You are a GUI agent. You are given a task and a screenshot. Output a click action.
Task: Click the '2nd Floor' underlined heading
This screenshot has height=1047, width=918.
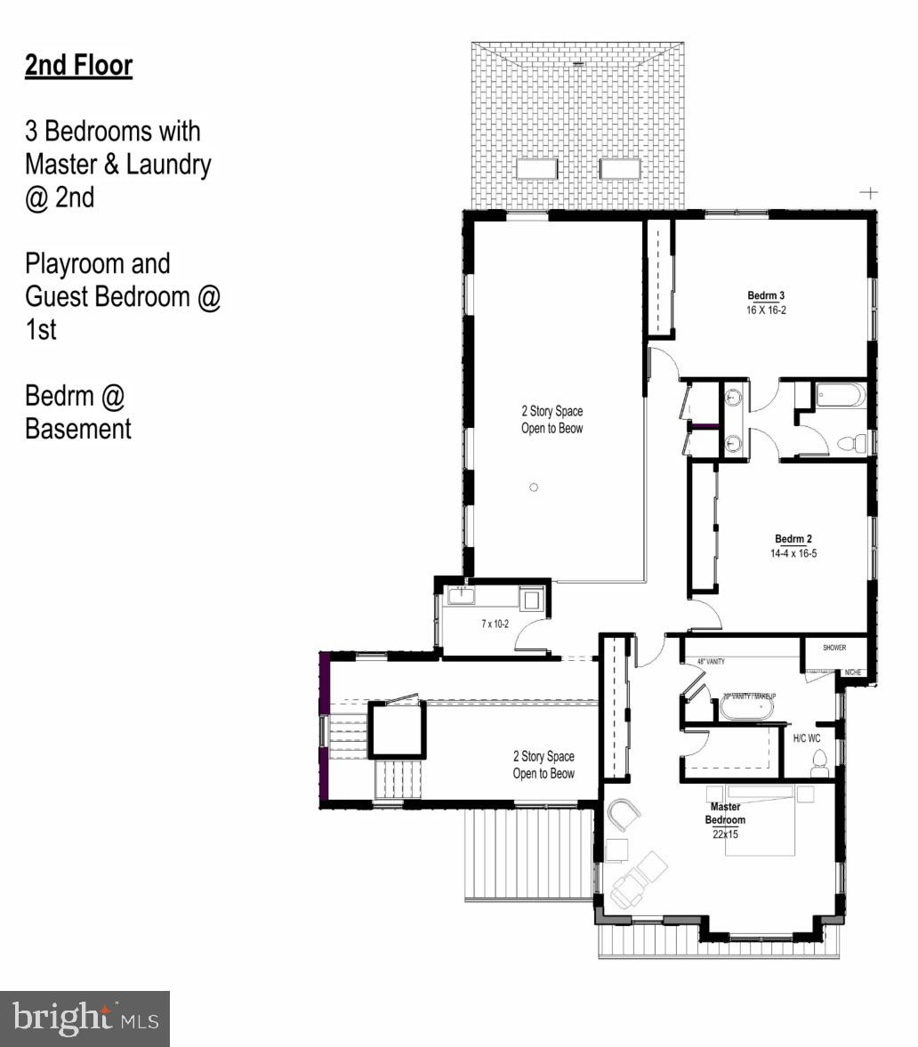[x=78, y=66]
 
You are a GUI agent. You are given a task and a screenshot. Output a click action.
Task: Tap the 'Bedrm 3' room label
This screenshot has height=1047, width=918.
[x=766, y=295]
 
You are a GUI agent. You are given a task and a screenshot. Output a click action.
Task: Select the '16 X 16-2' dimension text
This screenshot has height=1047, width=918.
[x=766, y=310]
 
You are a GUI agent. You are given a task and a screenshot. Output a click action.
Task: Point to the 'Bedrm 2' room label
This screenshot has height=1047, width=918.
[x=793, y=539]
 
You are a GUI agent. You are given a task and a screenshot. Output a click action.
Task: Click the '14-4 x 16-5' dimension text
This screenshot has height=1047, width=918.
[x=793, y=553]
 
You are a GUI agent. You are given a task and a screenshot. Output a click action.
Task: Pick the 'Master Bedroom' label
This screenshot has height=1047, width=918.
[x=725, y=813]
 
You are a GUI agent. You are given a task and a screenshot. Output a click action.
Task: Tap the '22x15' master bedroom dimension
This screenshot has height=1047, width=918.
[x=725, y=834]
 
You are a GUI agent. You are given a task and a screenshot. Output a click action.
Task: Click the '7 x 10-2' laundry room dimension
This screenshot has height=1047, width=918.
[x=495, y=624]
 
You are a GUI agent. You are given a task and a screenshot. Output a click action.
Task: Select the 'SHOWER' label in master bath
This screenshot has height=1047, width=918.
[x=833, y=648]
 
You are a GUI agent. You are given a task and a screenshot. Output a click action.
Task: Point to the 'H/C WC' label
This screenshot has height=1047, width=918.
[x=808, y=737]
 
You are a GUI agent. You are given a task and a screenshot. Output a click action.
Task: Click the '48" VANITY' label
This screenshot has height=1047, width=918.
[x=713, y=662]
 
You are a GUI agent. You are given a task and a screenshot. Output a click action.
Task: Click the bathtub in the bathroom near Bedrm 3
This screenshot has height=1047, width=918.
[x=841, y=394]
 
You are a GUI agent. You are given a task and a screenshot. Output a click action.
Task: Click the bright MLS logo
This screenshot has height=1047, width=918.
[x=85, y=1018]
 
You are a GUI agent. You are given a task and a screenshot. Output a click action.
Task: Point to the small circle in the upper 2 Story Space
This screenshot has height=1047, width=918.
[x=534, y=487]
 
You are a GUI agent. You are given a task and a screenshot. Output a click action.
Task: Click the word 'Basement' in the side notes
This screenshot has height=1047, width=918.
[x=78, y=429]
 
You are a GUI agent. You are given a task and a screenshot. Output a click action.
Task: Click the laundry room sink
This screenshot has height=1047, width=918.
[x=462, y=596]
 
